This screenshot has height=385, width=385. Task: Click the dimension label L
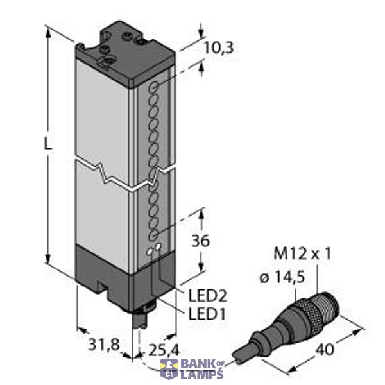[47, 144]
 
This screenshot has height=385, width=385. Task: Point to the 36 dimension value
[200, 242]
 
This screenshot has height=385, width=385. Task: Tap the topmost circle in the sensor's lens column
[155, 86]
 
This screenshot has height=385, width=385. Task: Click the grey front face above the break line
[103, 109]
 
